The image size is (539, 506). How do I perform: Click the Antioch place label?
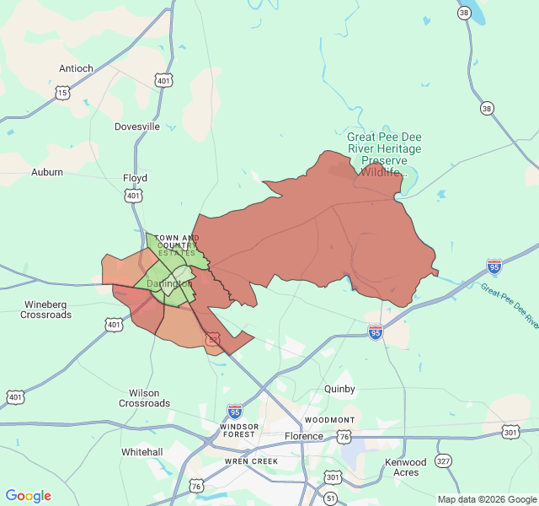(76, 68)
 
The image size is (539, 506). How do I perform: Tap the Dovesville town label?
(137, 126)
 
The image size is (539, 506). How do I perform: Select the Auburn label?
(47, 172)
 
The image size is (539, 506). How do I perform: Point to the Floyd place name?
(135, 178)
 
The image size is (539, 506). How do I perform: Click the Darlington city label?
(169, 284)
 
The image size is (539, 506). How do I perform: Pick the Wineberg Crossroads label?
(46, 309)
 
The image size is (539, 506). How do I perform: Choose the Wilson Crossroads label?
(144, 398)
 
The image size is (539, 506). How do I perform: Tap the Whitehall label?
(141, 452)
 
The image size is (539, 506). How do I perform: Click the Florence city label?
(303, 436)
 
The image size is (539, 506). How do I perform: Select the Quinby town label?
(339, 390)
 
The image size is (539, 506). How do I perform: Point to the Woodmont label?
(329, 420)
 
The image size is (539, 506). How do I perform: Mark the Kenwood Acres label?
(406, 467)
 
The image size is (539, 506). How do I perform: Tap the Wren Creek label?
(251, 462)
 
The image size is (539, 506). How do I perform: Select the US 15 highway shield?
(62, 93)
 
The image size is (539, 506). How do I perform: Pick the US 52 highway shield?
(213, 339)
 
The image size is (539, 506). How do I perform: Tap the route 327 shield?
(444, 460)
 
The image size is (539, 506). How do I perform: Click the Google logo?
(29, 496)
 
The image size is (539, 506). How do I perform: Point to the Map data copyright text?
(487, 499)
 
